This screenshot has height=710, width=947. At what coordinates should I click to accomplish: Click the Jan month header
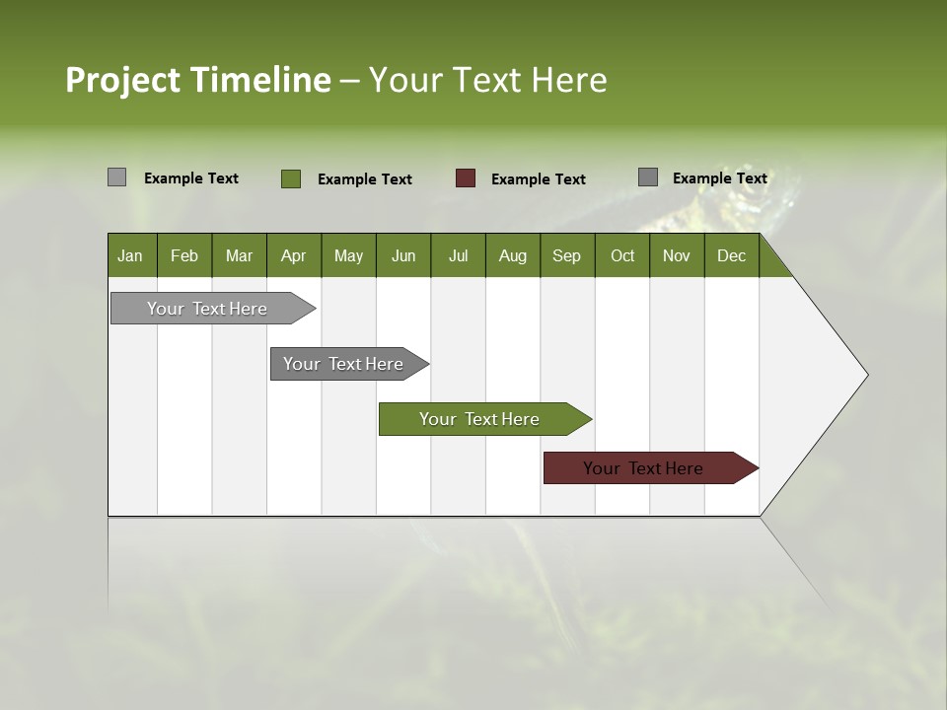click(x=130, y=255)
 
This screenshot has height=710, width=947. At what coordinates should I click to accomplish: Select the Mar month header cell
click(x=239, y=255)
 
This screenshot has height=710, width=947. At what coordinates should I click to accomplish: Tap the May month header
click(x=348, y=255)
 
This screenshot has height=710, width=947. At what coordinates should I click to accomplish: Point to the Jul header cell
click(x=458, y=255)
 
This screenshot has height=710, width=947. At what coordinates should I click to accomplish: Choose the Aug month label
click(x=512, y=255)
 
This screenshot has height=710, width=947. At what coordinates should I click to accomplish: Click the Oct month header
click(x=622, y=255)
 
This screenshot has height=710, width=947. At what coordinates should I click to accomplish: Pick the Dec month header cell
click(x=731, y=255)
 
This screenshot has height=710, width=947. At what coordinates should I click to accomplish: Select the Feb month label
click(x=184, y=255)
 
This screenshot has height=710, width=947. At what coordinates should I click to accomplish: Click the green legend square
click(x=291, y=178)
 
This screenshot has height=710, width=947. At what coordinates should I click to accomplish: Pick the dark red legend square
click(x=466, y=178)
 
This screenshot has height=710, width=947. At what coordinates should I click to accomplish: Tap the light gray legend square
click(x=116, y=177)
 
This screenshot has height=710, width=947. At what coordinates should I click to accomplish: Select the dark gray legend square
click(x=648, y=177)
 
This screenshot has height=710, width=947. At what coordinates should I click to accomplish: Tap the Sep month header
click(x=566, y=255)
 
